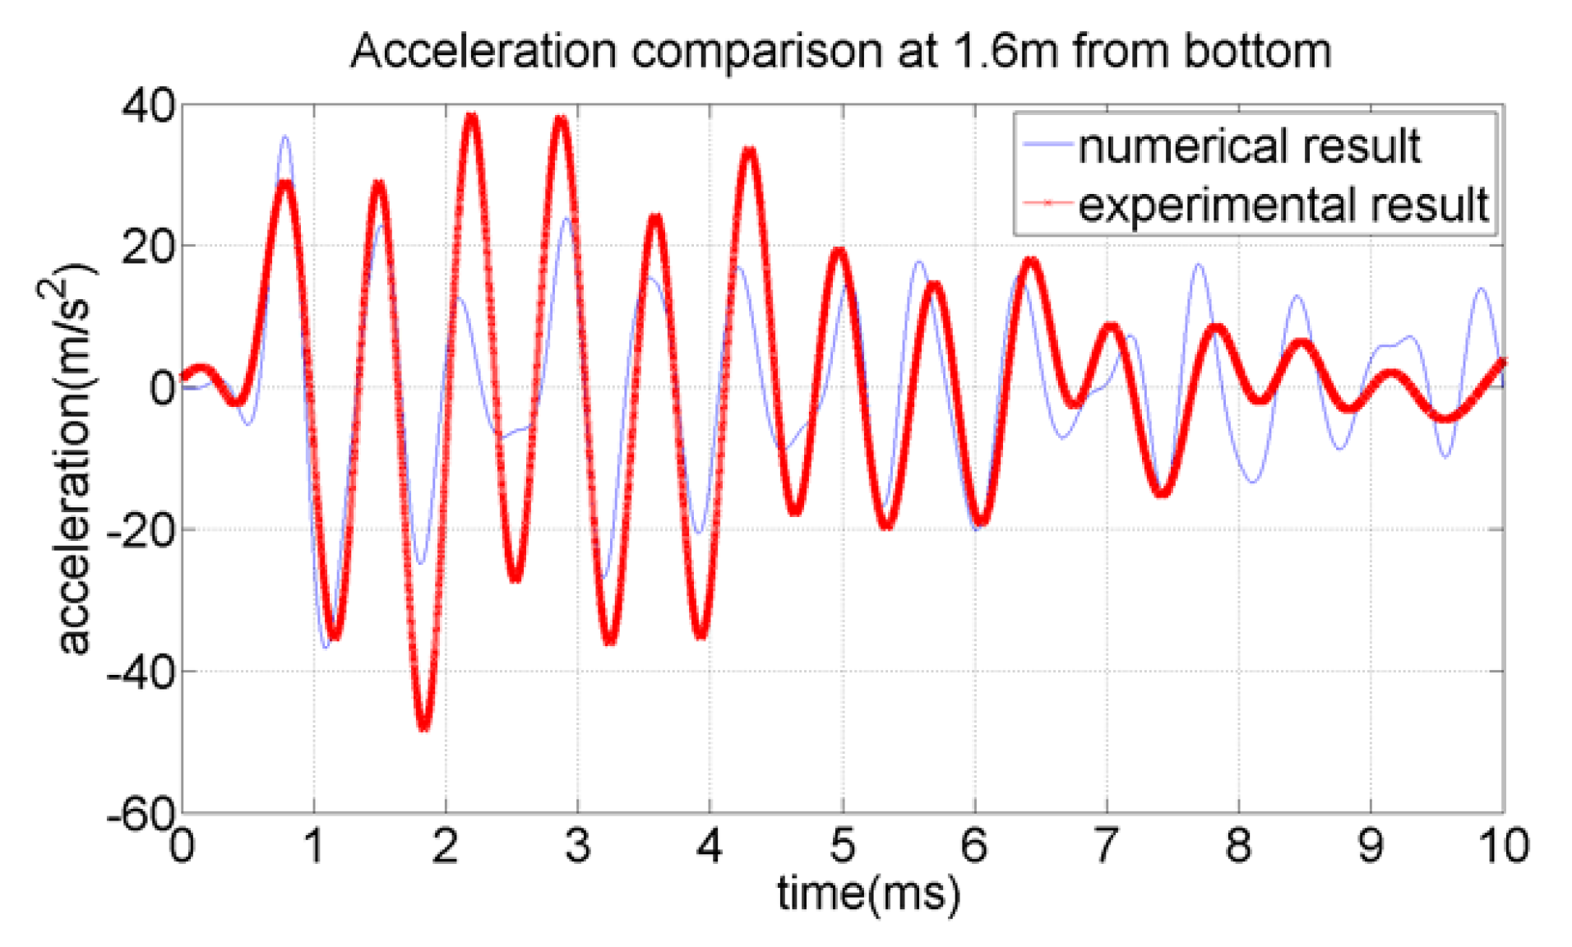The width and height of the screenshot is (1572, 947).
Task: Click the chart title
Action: click(839, 51)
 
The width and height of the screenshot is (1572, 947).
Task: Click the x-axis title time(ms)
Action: click(868, 893)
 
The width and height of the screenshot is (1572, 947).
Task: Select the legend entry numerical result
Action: click(1248, 146)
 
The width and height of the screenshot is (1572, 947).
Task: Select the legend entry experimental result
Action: click(1283, 204)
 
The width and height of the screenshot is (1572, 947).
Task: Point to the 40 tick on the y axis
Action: click(148, 106)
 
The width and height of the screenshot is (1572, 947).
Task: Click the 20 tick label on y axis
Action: click(148, 247)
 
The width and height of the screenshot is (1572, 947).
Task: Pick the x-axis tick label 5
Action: click(842, 846)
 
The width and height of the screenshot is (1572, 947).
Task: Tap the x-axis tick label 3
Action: click(577, 846)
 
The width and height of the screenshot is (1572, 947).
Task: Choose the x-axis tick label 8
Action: click(1238, 846)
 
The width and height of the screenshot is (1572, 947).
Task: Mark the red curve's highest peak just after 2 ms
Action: click(471, 118)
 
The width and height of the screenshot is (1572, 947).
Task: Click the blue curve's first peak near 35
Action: click(285, 138)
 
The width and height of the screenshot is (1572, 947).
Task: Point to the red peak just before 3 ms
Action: click(561, 120)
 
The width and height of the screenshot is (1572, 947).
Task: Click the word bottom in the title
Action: click(1257, 51)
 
